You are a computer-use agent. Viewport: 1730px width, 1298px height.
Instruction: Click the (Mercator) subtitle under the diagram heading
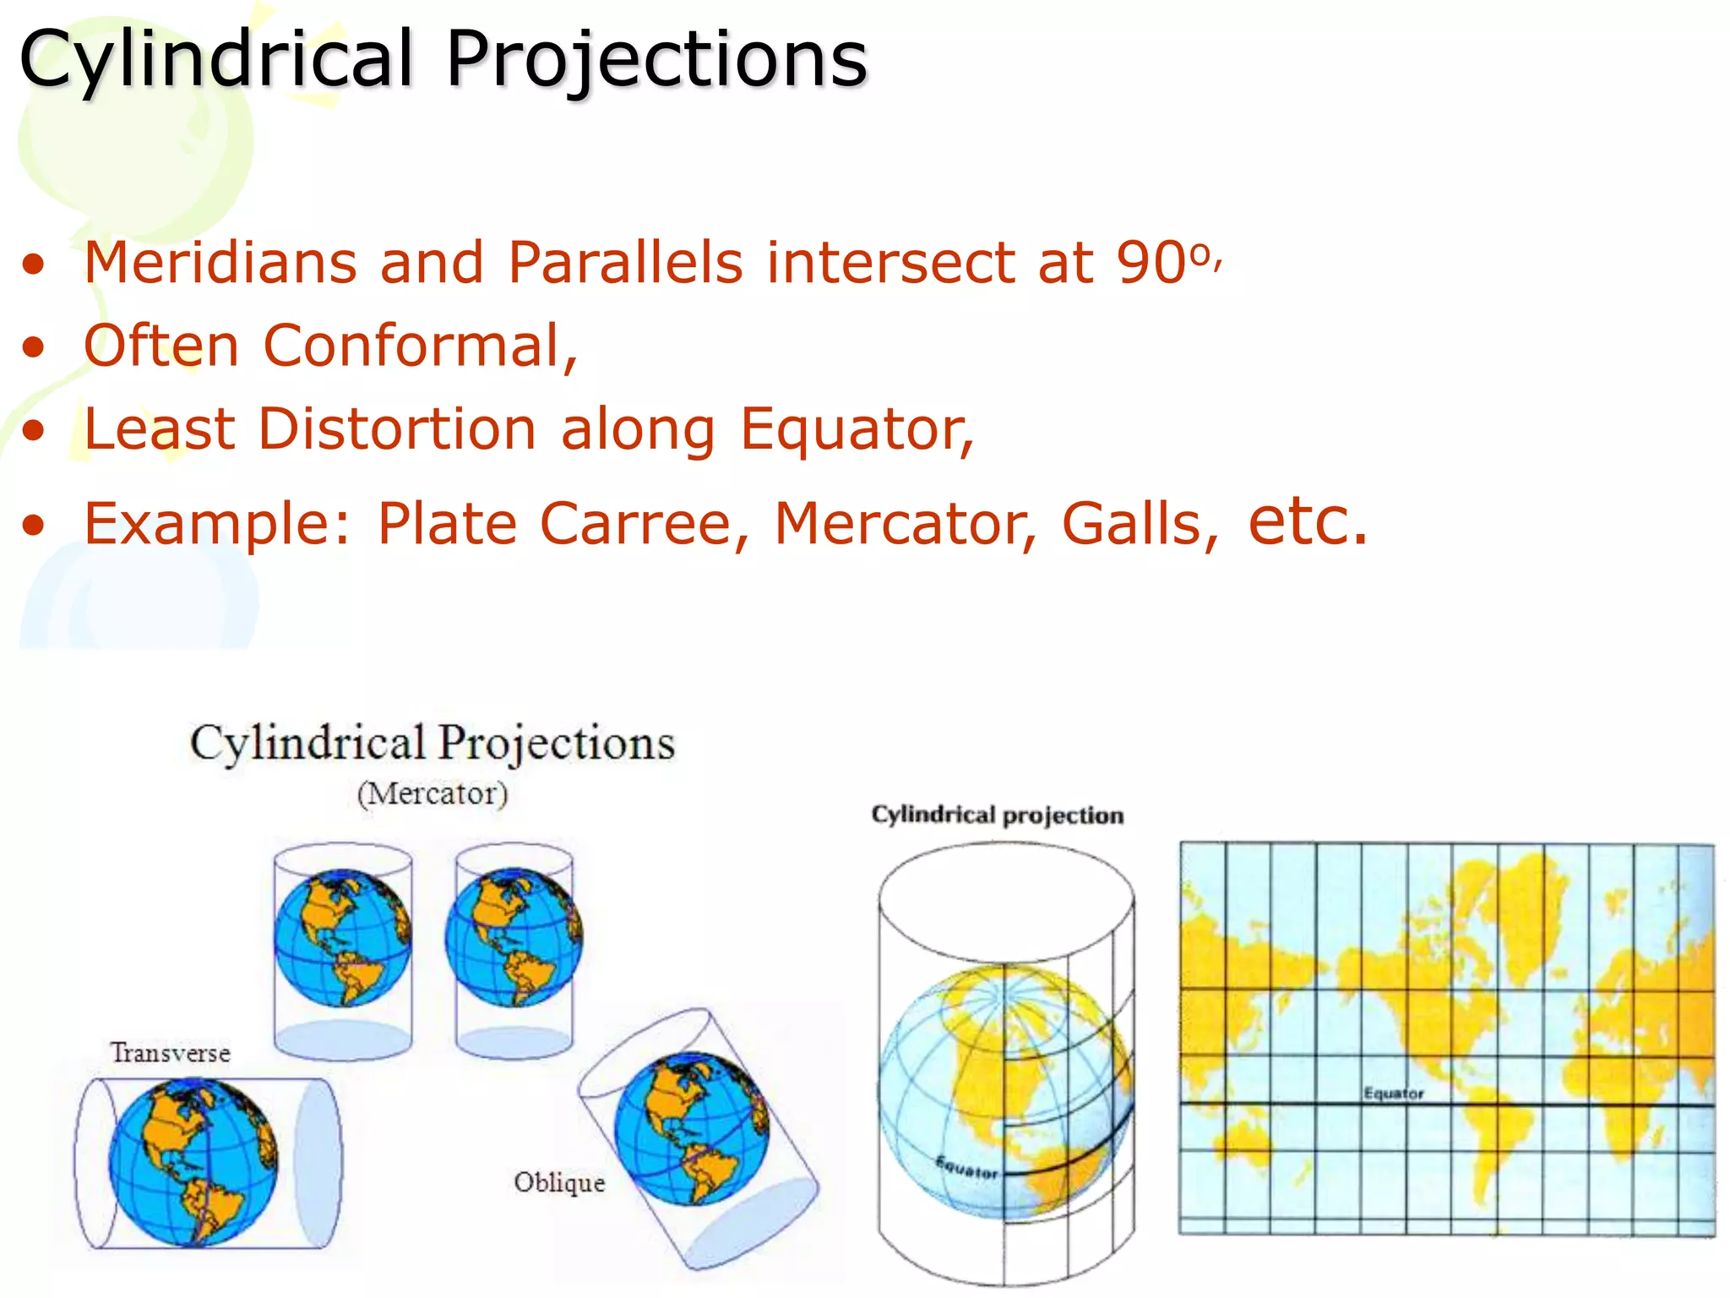[432, 794]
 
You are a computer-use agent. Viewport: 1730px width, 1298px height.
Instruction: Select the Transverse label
[171, 1053]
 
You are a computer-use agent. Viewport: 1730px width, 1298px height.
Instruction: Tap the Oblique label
[559, 1181]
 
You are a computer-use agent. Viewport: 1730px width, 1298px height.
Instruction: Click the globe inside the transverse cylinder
[193, 1164]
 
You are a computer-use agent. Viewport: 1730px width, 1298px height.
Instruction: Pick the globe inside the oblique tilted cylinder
[691, 1128]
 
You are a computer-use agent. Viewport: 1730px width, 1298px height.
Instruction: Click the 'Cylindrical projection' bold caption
[997, 815]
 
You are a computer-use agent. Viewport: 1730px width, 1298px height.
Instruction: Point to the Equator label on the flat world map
[1393, 1093]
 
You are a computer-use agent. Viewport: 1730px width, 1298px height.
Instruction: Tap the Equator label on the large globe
[966, 1170]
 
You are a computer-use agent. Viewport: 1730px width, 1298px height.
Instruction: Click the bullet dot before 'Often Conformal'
[34, 347]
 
